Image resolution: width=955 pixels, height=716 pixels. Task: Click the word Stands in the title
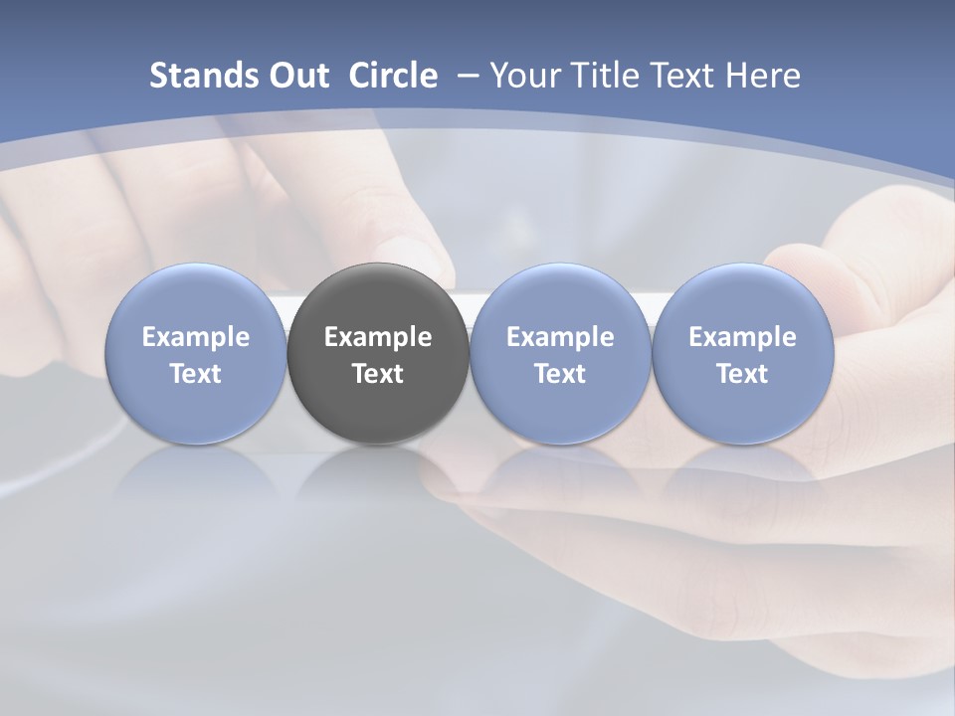coord(203,76)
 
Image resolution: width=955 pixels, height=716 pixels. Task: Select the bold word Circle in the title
coord(393,76)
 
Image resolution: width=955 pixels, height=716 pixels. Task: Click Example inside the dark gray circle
coord(378,337)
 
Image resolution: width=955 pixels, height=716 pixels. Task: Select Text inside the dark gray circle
coord(378,374)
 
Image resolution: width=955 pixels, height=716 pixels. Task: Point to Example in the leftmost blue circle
coord(196,337)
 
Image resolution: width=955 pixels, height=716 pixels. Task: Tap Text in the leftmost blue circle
coord(196,374)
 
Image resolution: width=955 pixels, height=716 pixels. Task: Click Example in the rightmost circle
coord(742,337)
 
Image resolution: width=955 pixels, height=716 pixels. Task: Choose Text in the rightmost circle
coord(742,374)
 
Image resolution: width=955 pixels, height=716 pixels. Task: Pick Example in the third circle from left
coord(560,337)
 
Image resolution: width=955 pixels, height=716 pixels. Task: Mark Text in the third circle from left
coord(560,374)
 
